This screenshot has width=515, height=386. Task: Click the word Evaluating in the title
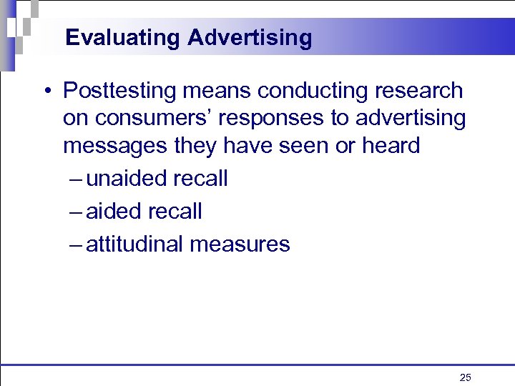point(123,38)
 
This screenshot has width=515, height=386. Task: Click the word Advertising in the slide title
point(250,38)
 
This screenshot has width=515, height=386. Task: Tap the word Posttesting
point(121,91)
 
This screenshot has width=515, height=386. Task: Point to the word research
point(423,91)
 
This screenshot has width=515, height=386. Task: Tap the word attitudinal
point(134,244)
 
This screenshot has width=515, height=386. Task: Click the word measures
point(240,244)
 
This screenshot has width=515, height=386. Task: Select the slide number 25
point(465,377)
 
